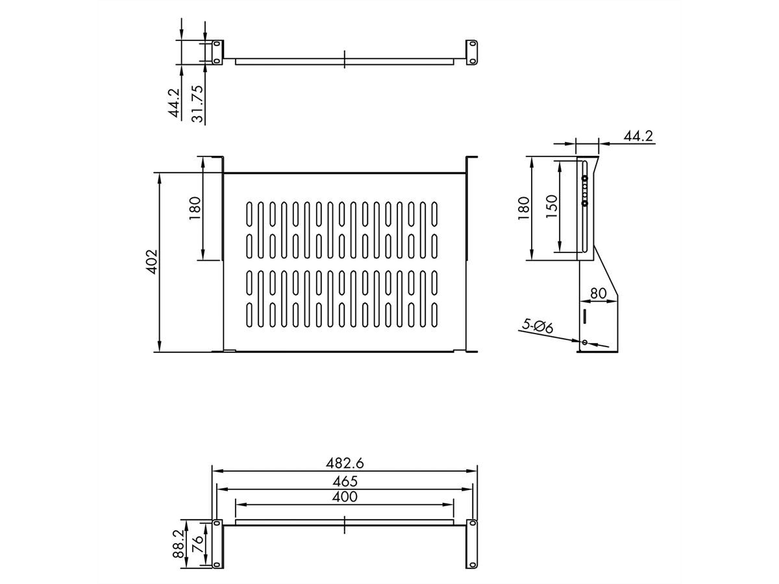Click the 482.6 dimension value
tap(345, 463)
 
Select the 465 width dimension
tap(345, 481)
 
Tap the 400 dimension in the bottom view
tap(345, 496)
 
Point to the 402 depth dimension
tap(152, 262)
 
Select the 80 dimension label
tap(599, 293)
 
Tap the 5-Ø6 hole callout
tap(538, 326)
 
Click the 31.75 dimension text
tap(198, 104)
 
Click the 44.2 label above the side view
tap(638, 136)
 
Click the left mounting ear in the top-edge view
tap(217, 52)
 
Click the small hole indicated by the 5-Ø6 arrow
tap(584, 342)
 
